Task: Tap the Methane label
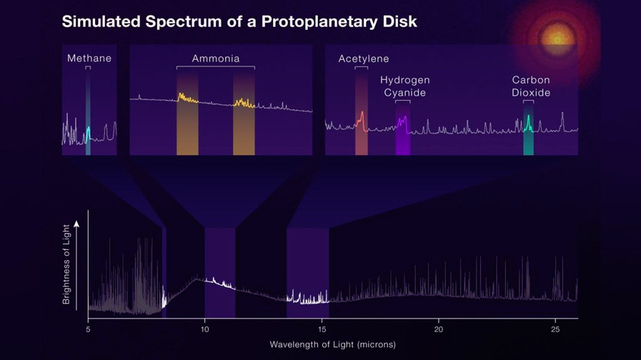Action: point(89,58)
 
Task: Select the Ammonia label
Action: point(216,59)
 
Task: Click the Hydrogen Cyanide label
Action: point(405,86)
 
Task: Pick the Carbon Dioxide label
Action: point(531,86)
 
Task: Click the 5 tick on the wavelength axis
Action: point(88,329)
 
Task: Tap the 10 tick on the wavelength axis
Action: point(204,329)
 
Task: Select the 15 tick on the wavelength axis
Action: point(322,329)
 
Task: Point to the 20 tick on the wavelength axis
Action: point(438,329)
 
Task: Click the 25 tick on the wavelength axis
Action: point(555,329)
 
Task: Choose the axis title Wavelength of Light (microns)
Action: point(333,345)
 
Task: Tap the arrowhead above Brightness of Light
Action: point(76,224)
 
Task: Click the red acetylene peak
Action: point(362,117)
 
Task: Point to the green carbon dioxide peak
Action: point(528,120)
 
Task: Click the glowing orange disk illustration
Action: point(555,37)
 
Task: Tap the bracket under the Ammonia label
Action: point(216,67)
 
